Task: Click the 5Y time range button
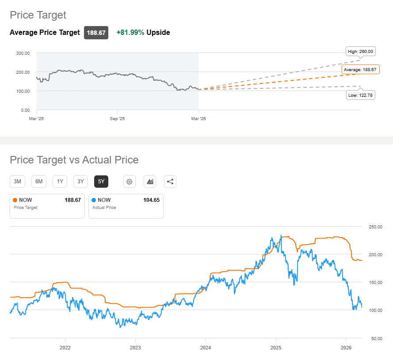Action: [101, 181]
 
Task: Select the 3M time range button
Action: [18, 181]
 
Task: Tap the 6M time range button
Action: [39, 181]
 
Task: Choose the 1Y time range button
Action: [60, 181]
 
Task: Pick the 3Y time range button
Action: [80, 181]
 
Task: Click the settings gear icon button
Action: [129, 181]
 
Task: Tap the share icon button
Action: [170, 181]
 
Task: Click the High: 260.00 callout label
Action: [360, 52]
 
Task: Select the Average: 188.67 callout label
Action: [360, 70]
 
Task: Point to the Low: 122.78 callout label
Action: [361, 95]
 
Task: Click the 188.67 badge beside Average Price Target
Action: [96, 33]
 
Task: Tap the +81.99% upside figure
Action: [130, 33]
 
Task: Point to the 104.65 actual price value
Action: [151, 200]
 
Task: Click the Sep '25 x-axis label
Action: [117, 119]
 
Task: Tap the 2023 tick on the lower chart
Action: [135, 348]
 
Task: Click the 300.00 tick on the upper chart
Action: [23, 53]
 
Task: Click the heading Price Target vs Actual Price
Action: [74, 160]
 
